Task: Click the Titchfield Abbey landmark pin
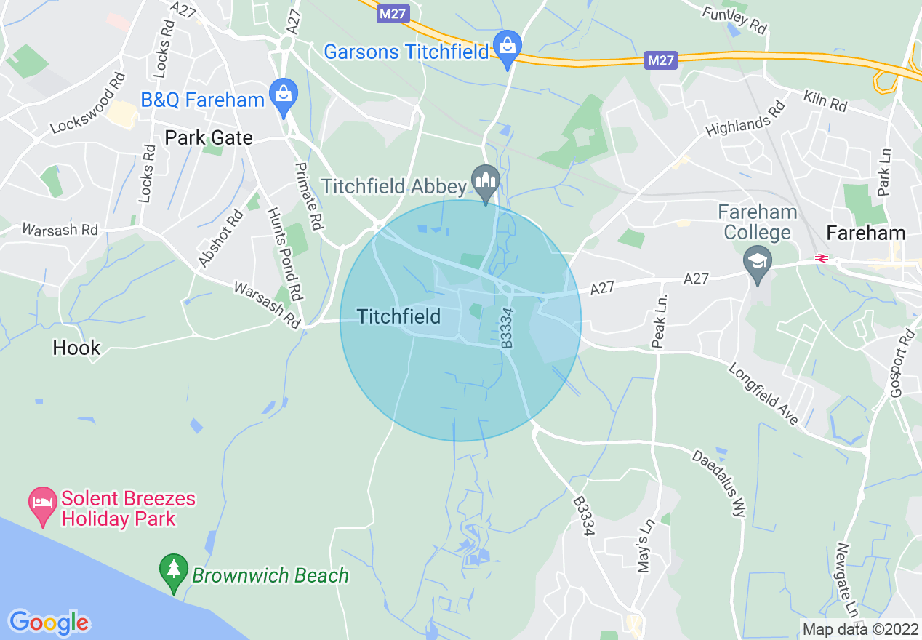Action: point(486,180)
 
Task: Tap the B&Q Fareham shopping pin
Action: point(283,95)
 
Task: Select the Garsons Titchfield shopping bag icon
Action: point(507,47)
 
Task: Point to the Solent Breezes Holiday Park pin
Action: point(42,503)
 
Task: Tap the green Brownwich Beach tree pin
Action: point(174,571)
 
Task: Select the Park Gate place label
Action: point(209,137)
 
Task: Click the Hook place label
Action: point(76,348)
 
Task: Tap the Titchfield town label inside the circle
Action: point(398,316)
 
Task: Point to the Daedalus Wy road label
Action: point(718,484)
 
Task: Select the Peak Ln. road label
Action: point(660,321)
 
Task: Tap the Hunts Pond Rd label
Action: point(284,255)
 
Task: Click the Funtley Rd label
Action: point(734,20)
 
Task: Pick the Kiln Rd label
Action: point(826,100)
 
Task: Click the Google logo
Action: point(49,623)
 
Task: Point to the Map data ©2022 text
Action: point(859,628)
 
